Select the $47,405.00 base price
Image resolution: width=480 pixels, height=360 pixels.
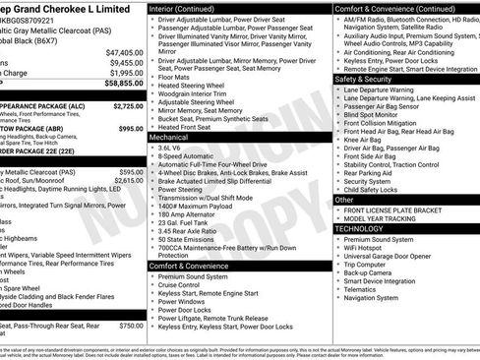click(x=125, y=51)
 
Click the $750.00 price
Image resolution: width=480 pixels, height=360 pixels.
click(x=131, y=326)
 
